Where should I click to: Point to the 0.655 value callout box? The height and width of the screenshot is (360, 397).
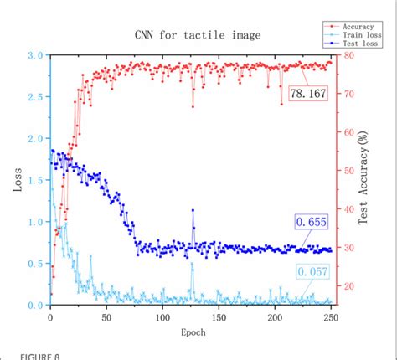tap(311, 222)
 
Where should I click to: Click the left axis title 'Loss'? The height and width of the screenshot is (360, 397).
tap(18, 179)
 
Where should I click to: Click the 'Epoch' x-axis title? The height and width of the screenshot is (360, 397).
tap(191, 332)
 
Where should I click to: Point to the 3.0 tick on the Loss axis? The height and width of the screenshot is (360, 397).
tap(34, 55)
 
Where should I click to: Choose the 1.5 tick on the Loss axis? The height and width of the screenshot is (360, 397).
tap(34, 180)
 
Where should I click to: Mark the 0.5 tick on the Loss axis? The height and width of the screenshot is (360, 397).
tap(34, 264)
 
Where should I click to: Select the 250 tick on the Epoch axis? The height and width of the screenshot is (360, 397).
tap(332, 318)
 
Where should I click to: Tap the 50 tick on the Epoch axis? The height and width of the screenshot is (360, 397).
tap(106, 318)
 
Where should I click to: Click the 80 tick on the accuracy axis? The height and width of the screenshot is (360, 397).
tap(347, 55)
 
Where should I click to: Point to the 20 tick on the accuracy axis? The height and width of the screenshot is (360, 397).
tap(347, 286)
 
